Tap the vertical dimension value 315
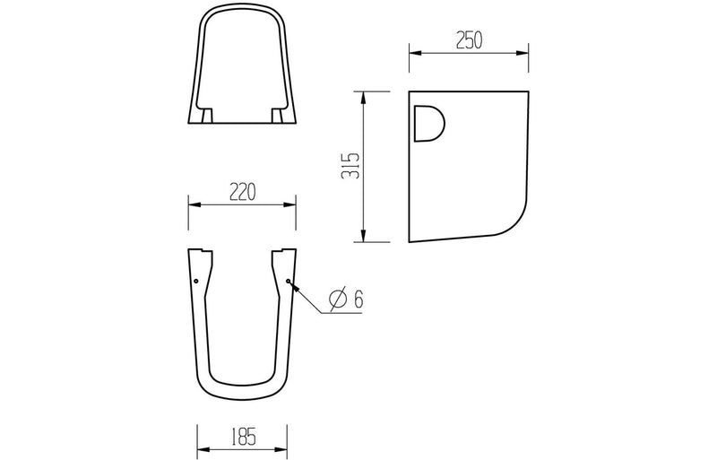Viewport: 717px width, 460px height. pos(350,166)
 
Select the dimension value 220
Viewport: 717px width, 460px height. pos(243,191)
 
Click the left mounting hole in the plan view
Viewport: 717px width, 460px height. pos(196,281)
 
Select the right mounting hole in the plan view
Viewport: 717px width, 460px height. pos(288,281)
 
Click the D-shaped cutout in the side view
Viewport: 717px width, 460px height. pos(428,125)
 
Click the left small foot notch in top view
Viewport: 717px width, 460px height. pos(208,117)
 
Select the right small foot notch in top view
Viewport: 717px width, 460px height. pos(278,117)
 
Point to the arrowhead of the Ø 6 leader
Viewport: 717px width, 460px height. pos(291,283)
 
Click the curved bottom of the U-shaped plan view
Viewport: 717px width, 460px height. pos(242,395)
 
